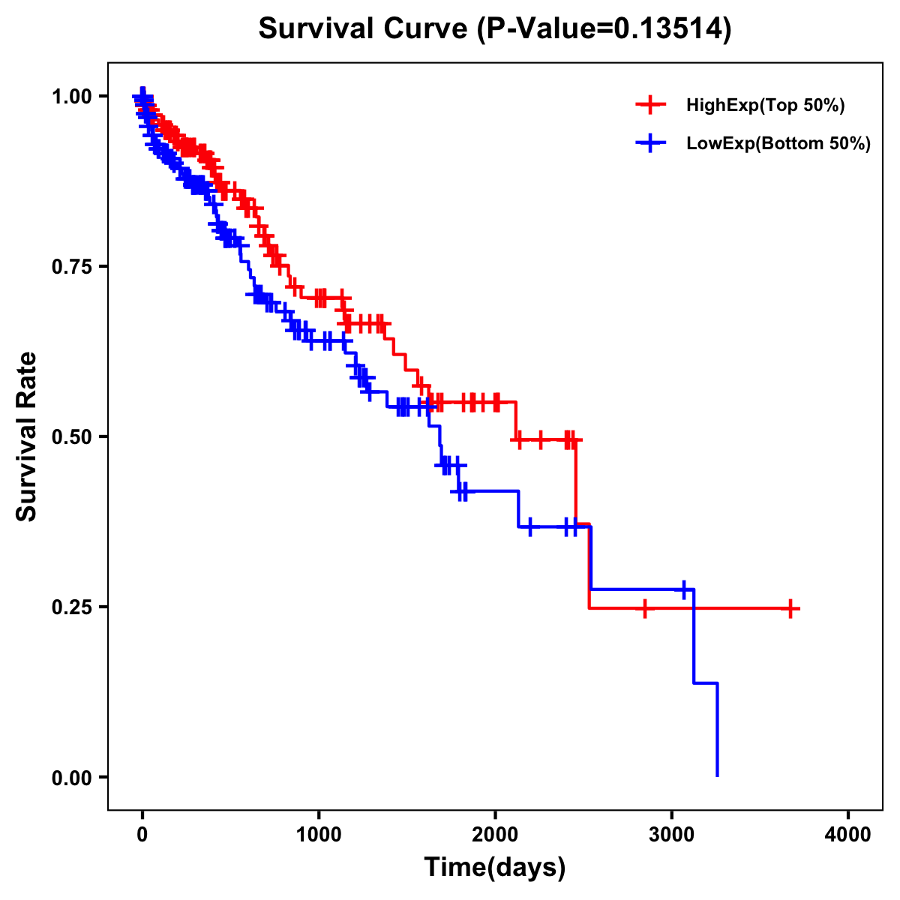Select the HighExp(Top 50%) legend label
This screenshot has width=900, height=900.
click(x=766, y=106)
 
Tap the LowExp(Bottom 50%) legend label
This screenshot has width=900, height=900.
click(x=778, y=143)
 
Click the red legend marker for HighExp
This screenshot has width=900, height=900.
click(x=650, y=105)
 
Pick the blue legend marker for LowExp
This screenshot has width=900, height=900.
click(x=650, y=142)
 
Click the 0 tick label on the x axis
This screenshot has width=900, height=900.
click(x=142, y=835)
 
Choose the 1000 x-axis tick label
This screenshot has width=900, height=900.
click(x=319, y=835)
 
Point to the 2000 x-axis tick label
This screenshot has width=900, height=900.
click(x=495, y=835)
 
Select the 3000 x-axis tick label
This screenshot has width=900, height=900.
click(x=672, y=835)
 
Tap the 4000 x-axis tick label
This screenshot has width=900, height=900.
click(x=848, y=835)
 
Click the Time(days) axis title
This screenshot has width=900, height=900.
click(x=495, y=868)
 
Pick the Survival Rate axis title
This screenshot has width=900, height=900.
click(x=27, y=436)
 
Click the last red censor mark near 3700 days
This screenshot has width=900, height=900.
click(x=790, y=608)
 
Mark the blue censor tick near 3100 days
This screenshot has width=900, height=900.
click(x=684, y=589)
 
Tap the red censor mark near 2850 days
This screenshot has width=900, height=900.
click(x=644, y=608)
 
